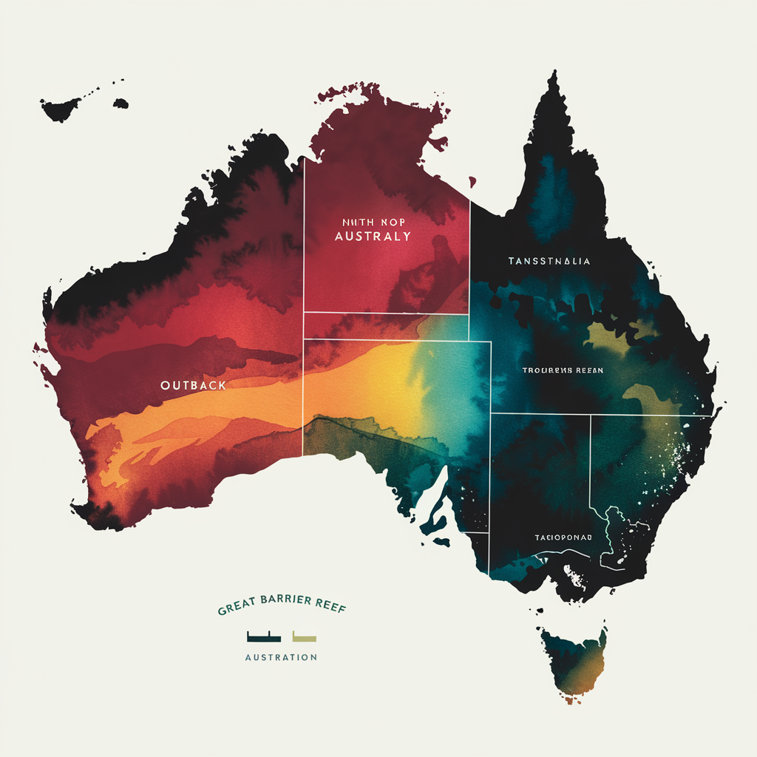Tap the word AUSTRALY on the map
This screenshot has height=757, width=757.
coord(373,237)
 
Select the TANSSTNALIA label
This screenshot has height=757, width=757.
coord(549,261)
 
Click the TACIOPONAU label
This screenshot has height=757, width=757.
coord(563,537)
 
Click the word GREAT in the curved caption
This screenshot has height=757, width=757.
coord(236,611)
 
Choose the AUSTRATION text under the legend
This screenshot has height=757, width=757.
coord(281,657)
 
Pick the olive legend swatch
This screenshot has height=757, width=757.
coord(305,636)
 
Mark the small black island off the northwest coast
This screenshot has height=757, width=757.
coord(61,110)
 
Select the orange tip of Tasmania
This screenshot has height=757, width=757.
coord(568,696)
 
